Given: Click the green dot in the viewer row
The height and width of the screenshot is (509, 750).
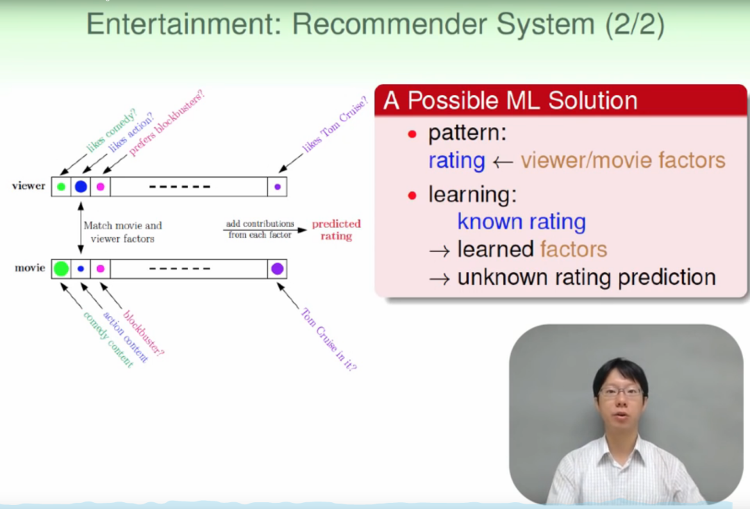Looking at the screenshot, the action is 61,187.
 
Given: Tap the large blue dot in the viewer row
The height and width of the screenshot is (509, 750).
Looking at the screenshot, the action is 81,187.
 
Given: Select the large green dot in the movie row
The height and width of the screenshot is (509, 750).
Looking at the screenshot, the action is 61,269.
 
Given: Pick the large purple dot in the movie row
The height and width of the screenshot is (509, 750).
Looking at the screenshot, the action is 277,269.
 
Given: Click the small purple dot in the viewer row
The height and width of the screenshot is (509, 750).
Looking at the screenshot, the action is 277,187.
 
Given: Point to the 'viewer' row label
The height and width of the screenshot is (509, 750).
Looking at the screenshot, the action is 28,185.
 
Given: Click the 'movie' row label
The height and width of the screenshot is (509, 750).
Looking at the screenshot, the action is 30,268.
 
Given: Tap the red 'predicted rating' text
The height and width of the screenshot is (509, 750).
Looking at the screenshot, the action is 336,230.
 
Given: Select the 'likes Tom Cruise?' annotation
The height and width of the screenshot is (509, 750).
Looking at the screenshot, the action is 335,124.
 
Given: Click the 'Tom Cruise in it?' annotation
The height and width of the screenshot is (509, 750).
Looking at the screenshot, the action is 329,339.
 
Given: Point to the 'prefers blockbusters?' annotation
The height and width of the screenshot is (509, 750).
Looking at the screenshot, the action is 167,123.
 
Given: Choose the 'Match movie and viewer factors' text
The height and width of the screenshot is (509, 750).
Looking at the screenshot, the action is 122,232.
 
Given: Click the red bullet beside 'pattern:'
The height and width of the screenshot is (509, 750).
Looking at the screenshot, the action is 412,134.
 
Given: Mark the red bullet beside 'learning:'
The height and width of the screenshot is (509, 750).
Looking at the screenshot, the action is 412,195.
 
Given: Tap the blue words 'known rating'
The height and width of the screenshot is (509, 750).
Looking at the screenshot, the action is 522,222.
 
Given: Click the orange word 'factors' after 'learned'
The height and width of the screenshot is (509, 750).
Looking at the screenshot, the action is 574,249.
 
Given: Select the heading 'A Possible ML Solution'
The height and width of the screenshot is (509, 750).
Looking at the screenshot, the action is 510,101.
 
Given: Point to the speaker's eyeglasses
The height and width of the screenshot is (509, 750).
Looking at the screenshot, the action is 620,392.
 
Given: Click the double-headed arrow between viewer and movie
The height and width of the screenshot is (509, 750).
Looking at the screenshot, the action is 81,228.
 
